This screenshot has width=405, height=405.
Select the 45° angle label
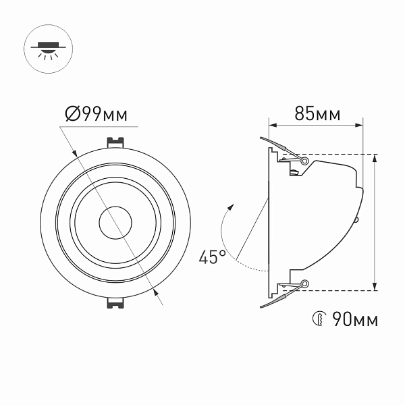[212, 256]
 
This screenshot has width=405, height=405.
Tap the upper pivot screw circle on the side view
[305, 161]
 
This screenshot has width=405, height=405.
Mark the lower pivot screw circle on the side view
[305, 283]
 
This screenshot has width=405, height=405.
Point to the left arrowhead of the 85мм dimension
[273, 124]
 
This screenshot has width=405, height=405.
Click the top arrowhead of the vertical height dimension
[375, 159]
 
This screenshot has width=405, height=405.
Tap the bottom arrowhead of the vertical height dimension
[375, 286]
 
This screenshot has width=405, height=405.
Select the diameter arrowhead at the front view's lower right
[157, 292]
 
